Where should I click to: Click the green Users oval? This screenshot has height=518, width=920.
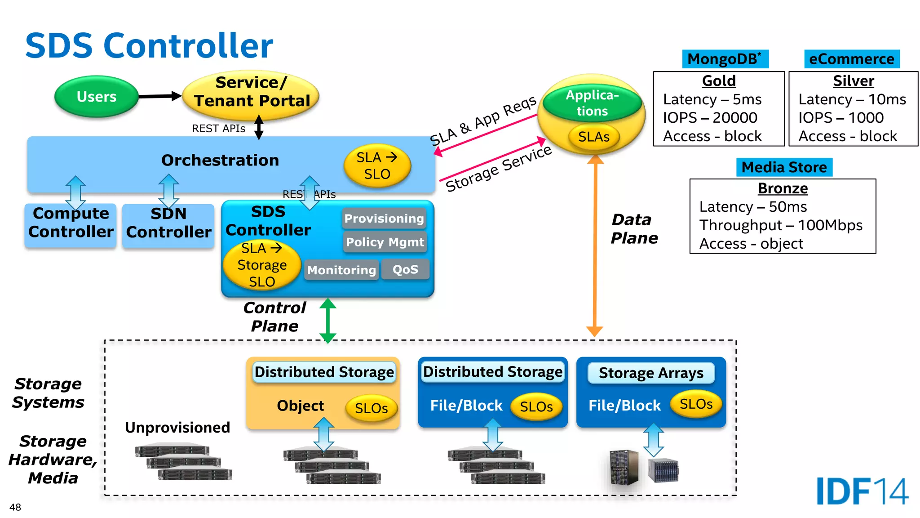96,97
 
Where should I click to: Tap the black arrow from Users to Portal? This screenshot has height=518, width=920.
159,96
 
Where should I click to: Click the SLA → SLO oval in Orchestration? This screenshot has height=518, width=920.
377,165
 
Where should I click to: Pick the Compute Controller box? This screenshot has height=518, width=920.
71,223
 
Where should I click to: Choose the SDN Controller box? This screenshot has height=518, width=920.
168,223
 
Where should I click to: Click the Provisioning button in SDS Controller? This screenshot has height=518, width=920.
384,219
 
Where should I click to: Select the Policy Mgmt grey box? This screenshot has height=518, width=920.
385,242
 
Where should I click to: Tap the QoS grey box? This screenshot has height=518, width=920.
405,269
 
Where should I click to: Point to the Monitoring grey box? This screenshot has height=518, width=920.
341,270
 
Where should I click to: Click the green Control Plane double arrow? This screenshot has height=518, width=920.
328,320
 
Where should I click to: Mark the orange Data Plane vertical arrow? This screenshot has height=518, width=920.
595,245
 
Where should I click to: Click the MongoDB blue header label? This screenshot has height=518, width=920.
725,59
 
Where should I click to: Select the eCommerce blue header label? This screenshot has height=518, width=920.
851,59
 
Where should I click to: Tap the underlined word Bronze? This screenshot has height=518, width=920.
783,188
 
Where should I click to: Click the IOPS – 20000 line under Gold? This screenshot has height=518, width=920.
710,118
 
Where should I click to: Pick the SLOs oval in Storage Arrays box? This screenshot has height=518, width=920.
696,404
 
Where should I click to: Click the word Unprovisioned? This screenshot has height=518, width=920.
177,427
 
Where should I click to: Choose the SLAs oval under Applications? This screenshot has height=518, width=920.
593,137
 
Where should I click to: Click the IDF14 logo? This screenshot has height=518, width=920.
862,491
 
